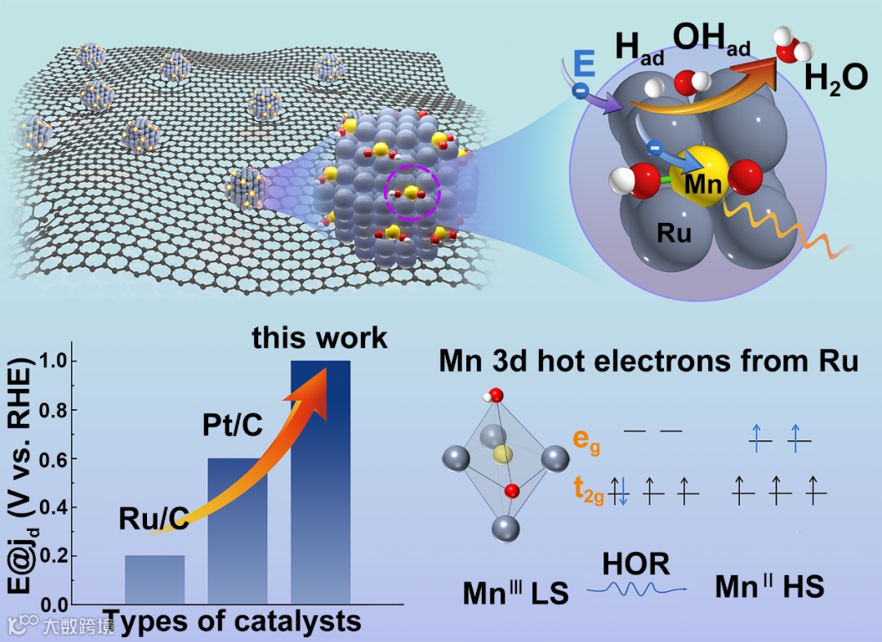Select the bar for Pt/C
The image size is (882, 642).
pos(238,531)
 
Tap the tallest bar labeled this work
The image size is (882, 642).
pos(321,482)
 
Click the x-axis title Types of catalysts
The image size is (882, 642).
pos(233,622)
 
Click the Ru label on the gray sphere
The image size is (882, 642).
pos(674,234)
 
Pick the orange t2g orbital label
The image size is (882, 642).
pos(588,493)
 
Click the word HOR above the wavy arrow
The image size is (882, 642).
pos(635,564)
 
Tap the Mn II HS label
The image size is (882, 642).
pos(769,587)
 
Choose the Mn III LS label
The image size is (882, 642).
pos(515,592)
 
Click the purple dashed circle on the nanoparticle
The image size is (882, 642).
pos(412,194)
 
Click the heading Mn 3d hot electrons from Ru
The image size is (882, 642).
pos(648,361)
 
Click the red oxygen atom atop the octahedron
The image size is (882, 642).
pos(497,396)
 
